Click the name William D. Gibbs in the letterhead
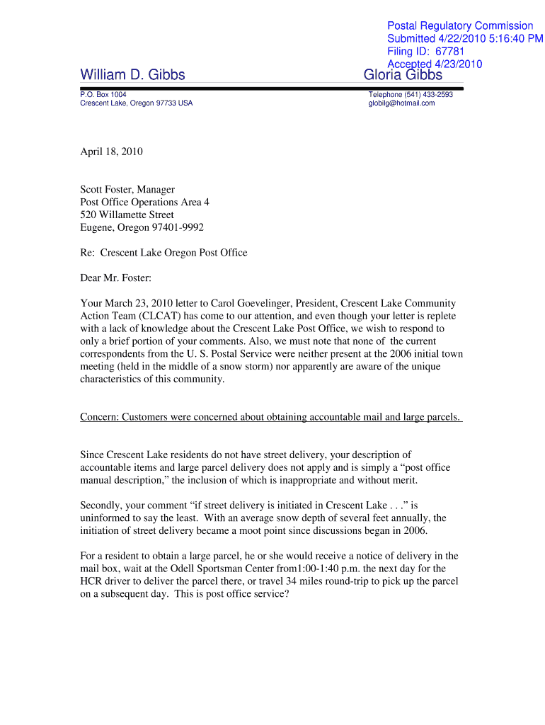(x=132, y=75)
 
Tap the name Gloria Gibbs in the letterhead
(x=403, y=75)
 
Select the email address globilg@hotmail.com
(x=401, y=103)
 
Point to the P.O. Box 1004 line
(x=103, y=94)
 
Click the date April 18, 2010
(x=111, y=152)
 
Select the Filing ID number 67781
(x=450, y=52)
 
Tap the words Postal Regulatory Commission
(x=460, y=26)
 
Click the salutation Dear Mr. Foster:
(x=116, y=278)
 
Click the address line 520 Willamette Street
(x=127, y=215)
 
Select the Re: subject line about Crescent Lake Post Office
(x=163, y=253)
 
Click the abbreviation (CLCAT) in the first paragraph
(x=162, y=316)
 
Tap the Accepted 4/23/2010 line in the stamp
(x=435, y=64)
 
